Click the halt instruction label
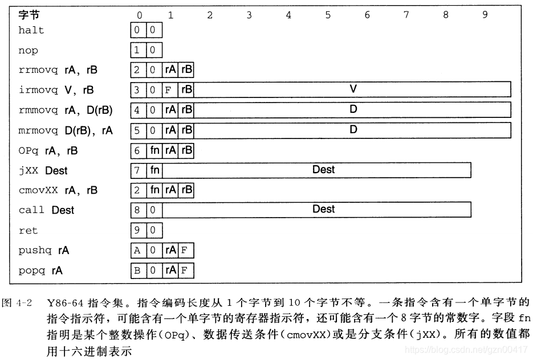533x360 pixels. click(x=31, y=30)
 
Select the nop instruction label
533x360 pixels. click(x=28, y=51)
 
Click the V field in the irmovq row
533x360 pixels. click(x=353, y=89)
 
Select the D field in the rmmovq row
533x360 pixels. click(x=353, y=110)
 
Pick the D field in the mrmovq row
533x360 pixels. click(x=353, y=130)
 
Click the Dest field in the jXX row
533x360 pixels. click(x=323, y=170)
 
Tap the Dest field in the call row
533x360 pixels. click(x=323, y=210)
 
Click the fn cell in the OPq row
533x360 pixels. click(x=154, y=151)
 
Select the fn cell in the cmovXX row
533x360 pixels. click(x=154, y=190)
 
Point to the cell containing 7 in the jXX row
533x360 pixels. click(x=137, y=170)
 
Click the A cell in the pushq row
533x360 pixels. click(x=137, y=251)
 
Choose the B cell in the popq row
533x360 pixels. click(x=137, y=271)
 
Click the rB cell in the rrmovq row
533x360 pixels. click(x=186, y=70)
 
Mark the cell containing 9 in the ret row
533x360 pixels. click(x=137, y=231)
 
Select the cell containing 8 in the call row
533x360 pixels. click(x=137, y=210)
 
